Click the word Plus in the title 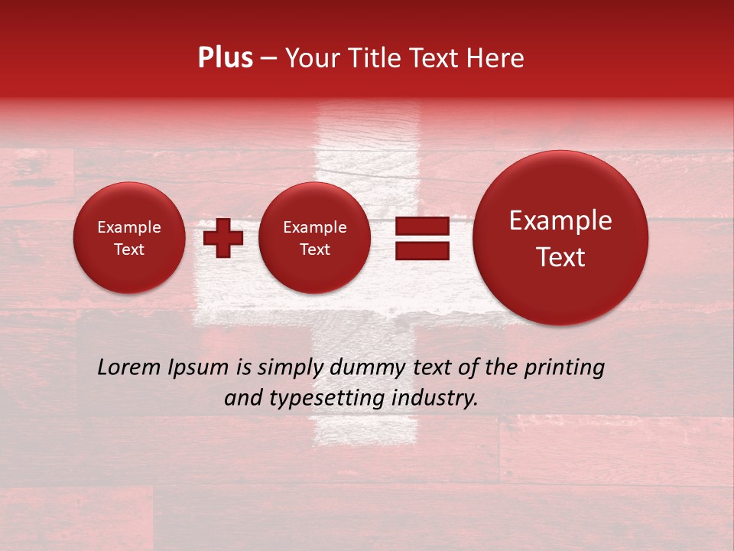coord(225,58)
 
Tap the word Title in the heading coord(374,58)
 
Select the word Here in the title coord(496,58)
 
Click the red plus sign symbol coord(223,237)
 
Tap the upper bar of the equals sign coord(421,226)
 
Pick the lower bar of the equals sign coord(421,250)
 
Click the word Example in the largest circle coord(560,220)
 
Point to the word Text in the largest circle coord(560,257)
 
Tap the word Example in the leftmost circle coord(128,227)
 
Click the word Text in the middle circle coord(314,249)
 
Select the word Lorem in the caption coord(129,367)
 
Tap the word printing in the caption coord(565,368)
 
